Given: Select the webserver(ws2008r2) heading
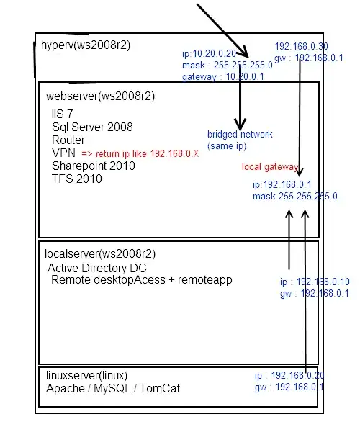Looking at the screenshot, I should [100, 96].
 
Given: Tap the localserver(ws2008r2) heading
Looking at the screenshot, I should [100, 253].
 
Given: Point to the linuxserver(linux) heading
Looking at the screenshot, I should [86, 376].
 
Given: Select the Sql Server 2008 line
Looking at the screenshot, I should [92, 127].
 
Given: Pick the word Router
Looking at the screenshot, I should [68, 140].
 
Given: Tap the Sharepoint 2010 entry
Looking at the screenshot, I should [93, 166].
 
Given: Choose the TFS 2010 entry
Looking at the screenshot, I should [77, 179].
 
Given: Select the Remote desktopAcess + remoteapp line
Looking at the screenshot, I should [142, 279].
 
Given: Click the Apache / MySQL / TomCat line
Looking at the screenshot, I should [113, 389].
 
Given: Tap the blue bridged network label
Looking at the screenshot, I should [240, 135].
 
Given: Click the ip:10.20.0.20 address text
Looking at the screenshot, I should [209, 53].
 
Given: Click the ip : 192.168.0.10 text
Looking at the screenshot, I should [315, 282].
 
